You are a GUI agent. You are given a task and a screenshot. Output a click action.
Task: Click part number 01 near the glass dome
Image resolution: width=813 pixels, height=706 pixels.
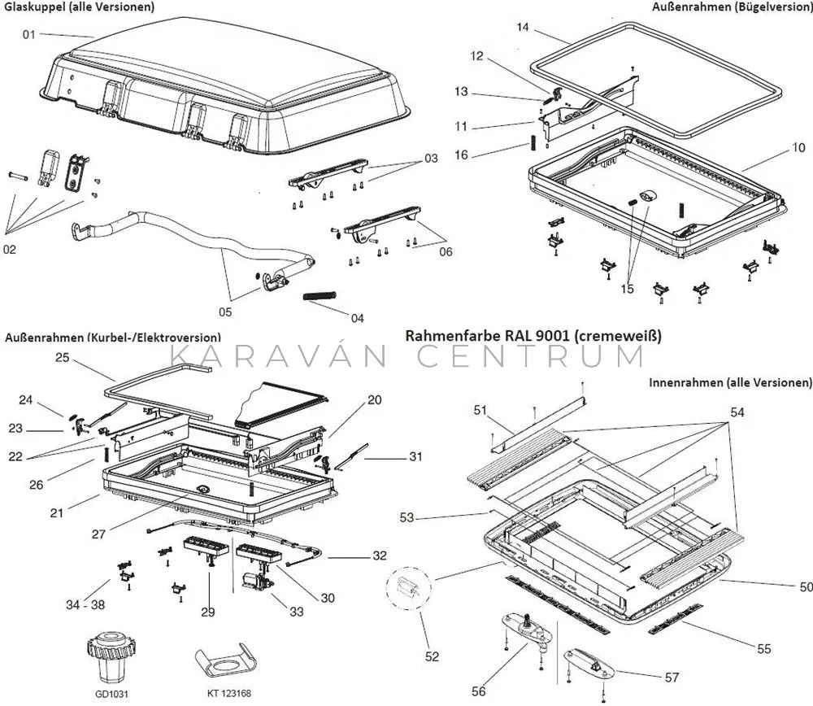pos(28,35)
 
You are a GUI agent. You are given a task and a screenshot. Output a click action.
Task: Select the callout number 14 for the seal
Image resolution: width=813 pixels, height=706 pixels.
pos(523,27)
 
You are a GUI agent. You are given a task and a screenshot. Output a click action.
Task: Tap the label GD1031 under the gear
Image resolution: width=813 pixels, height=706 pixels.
pos(112,694)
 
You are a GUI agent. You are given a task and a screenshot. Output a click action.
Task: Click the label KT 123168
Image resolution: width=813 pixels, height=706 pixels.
pos(229,694)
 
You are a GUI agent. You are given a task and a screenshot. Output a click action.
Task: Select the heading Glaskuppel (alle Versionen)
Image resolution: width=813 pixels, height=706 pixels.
pos(80,7)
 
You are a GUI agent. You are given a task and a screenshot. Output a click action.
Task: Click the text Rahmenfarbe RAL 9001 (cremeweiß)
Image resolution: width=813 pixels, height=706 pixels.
pos(533,336)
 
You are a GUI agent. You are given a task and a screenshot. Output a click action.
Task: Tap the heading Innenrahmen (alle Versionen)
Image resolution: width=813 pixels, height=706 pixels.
pos(730,382)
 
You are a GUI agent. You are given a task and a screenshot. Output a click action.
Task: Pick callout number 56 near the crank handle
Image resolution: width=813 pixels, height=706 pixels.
pos(479,691)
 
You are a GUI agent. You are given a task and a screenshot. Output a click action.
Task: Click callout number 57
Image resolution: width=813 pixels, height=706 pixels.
pos(672,677)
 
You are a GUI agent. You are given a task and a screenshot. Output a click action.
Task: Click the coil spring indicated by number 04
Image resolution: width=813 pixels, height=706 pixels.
pos(320,296)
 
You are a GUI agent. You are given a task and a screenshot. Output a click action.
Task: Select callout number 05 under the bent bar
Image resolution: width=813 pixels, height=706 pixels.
pos(225,312)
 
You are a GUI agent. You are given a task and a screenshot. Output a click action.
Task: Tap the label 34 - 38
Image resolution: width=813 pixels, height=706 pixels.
pos(85,604)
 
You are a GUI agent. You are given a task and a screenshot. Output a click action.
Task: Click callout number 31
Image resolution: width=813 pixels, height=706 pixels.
pos(415,456)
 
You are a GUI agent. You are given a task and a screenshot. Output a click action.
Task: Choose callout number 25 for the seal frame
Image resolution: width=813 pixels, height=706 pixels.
pos(63,357)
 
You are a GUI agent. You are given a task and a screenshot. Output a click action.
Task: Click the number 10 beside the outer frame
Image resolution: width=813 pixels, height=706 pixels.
pos(798,148)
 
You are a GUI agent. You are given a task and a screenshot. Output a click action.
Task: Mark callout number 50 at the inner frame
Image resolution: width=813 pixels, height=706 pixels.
pos(806,586)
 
